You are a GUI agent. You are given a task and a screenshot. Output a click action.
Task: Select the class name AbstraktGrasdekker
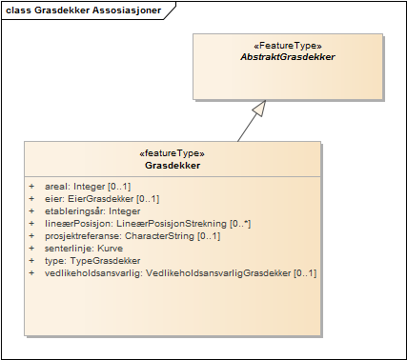[x=288, y=57]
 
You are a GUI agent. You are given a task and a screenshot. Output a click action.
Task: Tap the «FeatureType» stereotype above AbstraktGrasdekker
[x=288, y=45]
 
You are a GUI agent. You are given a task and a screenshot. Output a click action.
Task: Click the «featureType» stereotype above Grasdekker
[x=172, y=152]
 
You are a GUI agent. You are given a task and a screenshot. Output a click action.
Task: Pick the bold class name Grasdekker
[x=172, y=165]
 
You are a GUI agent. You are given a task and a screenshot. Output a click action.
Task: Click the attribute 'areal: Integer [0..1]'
[x=88, y=186]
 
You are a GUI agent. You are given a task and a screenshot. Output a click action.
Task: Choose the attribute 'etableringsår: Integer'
[x=92, y=210]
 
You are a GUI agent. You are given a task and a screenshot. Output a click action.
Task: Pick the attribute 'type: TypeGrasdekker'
[x=92, y=260]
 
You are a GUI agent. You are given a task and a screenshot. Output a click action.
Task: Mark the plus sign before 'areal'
[x=31, y=186]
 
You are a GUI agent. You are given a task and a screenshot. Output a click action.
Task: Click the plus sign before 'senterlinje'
[x=31, y=248]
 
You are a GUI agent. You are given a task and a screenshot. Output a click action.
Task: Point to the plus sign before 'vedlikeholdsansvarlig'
[x=31, y=272]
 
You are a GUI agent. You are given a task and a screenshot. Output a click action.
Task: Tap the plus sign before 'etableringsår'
[x=31, y=210]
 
